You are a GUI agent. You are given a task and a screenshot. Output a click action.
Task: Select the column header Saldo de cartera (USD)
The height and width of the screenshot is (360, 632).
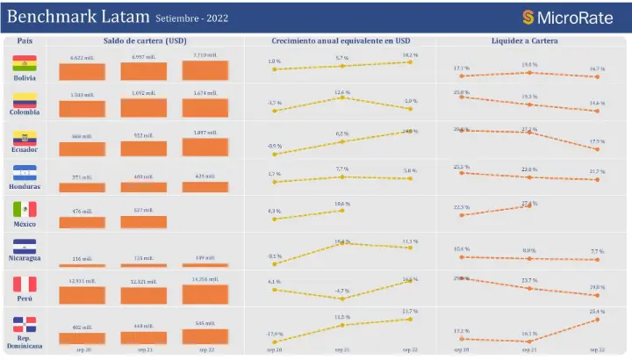145,40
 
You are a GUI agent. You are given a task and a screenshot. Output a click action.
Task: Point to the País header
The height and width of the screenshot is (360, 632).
25,40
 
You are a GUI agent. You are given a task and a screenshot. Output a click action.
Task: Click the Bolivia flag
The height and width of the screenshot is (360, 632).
25,63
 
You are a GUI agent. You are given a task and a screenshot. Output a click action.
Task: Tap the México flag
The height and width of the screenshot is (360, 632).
25,209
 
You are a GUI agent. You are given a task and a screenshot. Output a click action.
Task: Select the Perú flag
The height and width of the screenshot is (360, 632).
25,284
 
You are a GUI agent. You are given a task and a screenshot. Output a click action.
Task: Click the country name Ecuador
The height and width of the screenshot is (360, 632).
25,149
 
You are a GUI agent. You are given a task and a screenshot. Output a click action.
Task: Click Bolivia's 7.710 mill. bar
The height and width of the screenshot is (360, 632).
205,71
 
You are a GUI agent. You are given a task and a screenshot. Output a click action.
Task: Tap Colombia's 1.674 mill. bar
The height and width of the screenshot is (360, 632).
205,108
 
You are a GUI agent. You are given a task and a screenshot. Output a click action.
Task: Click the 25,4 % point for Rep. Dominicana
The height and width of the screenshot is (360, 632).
597,320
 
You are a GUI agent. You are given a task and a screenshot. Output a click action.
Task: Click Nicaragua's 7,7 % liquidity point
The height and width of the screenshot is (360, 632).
597,258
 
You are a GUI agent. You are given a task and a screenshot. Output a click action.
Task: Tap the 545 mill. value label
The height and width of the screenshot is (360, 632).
205,324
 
